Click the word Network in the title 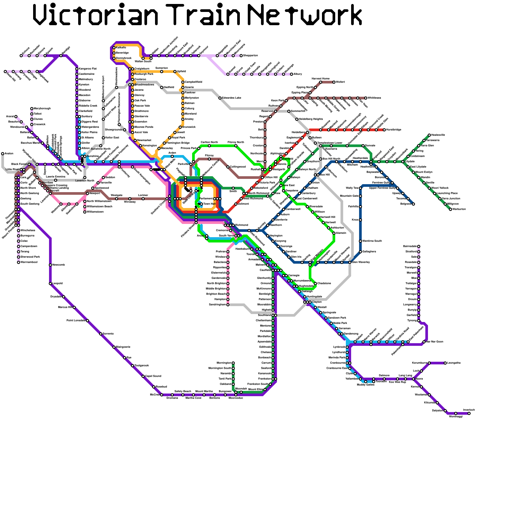(x=305, y=15)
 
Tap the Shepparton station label (x=250, y=56)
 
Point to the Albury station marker (x=291, y=74)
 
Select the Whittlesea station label (x=374, y=98)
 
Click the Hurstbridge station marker (x=384, y=130)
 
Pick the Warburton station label (x=459, y=209)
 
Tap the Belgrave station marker (x=413, y=204)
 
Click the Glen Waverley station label (x=360, y=262)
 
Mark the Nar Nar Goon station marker (x=424, y=342)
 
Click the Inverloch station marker (x=469, y=413)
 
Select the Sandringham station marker (x=228, y=305)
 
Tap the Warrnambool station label (x=29, y=262)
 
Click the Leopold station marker (x=50, y=284)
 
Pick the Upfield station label (x=182, y=72)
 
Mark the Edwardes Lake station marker (x=220, y=98)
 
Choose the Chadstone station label (x=324, y=284)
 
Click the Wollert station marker (x=334, y=82)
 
